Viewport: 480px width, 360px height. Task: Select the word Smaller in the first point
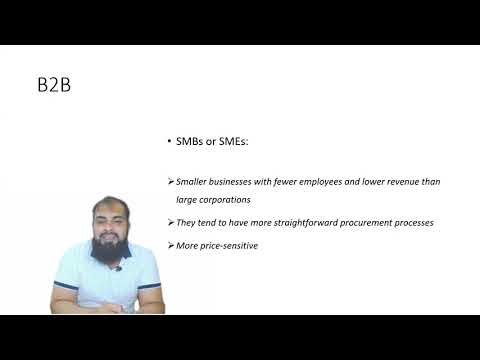[x=193, y=181]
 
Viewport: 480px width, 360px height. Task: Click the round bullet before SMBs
[x=170, y=143]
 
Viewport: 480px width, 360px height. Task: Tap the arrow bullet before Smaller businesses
[x=170, y=181]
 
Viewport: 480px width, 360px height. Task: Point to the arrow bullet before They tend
[x=170, y=222]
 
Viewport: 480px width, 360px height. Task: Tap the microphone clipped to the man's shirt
[x=118, y=268]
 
